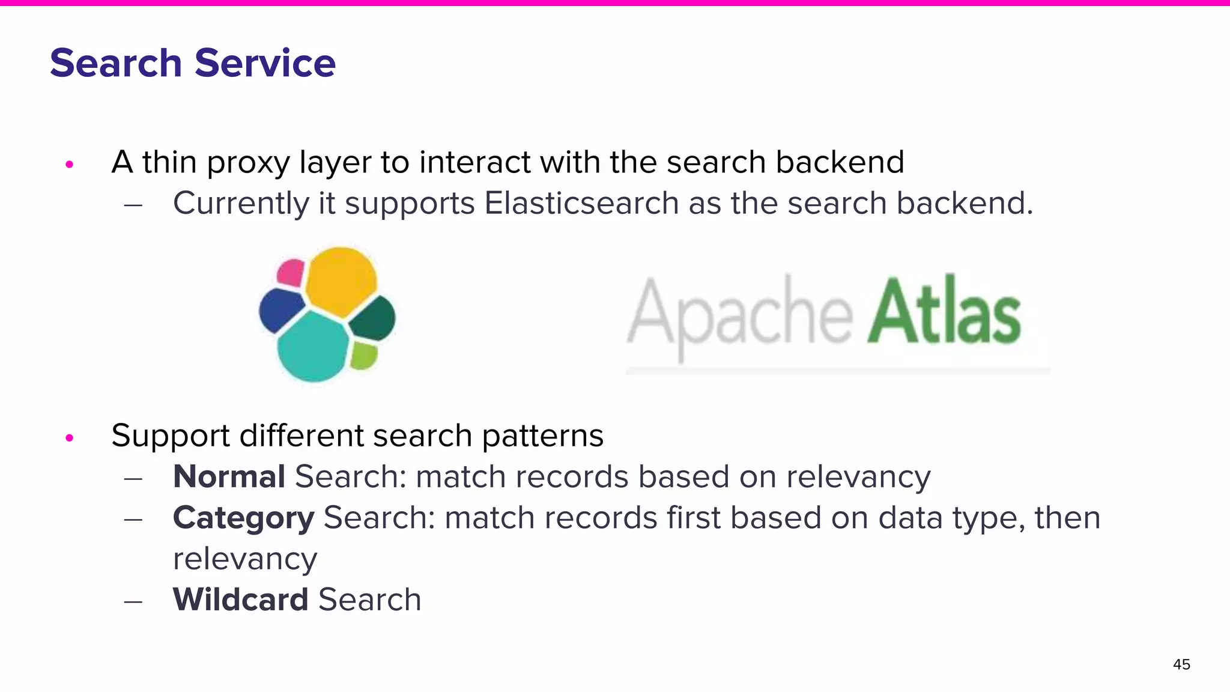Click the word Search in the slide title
115,63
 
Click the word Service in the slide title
265,63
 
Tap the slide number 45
1181,664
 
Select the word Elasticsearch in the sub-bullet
581,203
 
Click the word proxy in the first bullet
248,163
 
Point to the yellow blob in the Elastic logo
341,280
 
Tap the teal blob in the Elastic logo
312,347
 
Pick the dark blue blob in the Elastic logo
280,309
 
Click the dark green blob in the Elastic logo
372,318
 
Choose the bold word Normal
229,477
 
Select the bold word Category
243,518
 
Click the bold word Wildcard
240,599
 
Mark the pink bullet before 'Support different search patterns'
70,438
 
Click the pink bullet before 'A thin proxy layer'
70,164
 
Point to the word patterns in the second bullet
542,437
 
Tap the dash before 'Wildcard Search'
133,601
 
